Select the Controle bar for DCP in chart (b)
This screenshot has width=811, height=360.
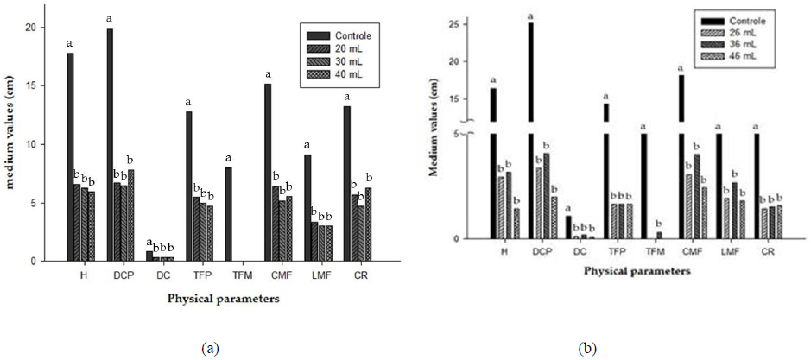click(530, 129)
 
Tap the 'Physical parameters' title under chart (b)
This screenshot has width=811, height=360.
click(637, 270)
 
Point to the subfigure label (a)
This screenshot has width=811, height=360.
click(209, 348)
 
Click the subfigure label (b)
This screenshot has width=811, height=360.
click(588, 348)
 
